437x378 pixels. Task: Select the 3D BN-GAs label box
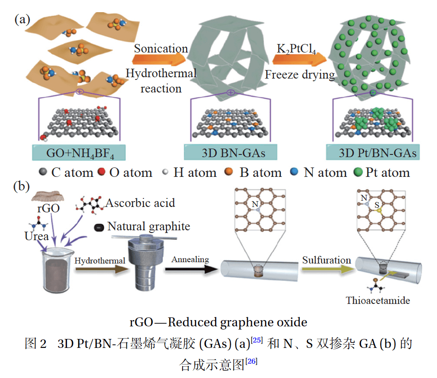point(230,153)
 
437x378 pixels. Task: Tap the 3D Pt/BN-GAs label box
point(373,153)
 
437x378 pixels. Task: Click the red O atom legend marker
point(101,172)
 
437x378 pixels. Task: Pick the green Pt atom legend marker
point(358,172)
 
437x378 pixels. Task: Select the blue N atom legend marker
point(294,172)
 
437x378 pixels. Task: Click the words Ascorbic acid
point(140,203)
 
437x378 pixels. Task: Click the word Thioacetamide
point(378,300)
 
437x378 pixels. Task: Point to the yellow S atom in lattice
point(379,210)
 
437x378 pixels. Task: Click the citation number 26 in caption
point(252,360)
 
